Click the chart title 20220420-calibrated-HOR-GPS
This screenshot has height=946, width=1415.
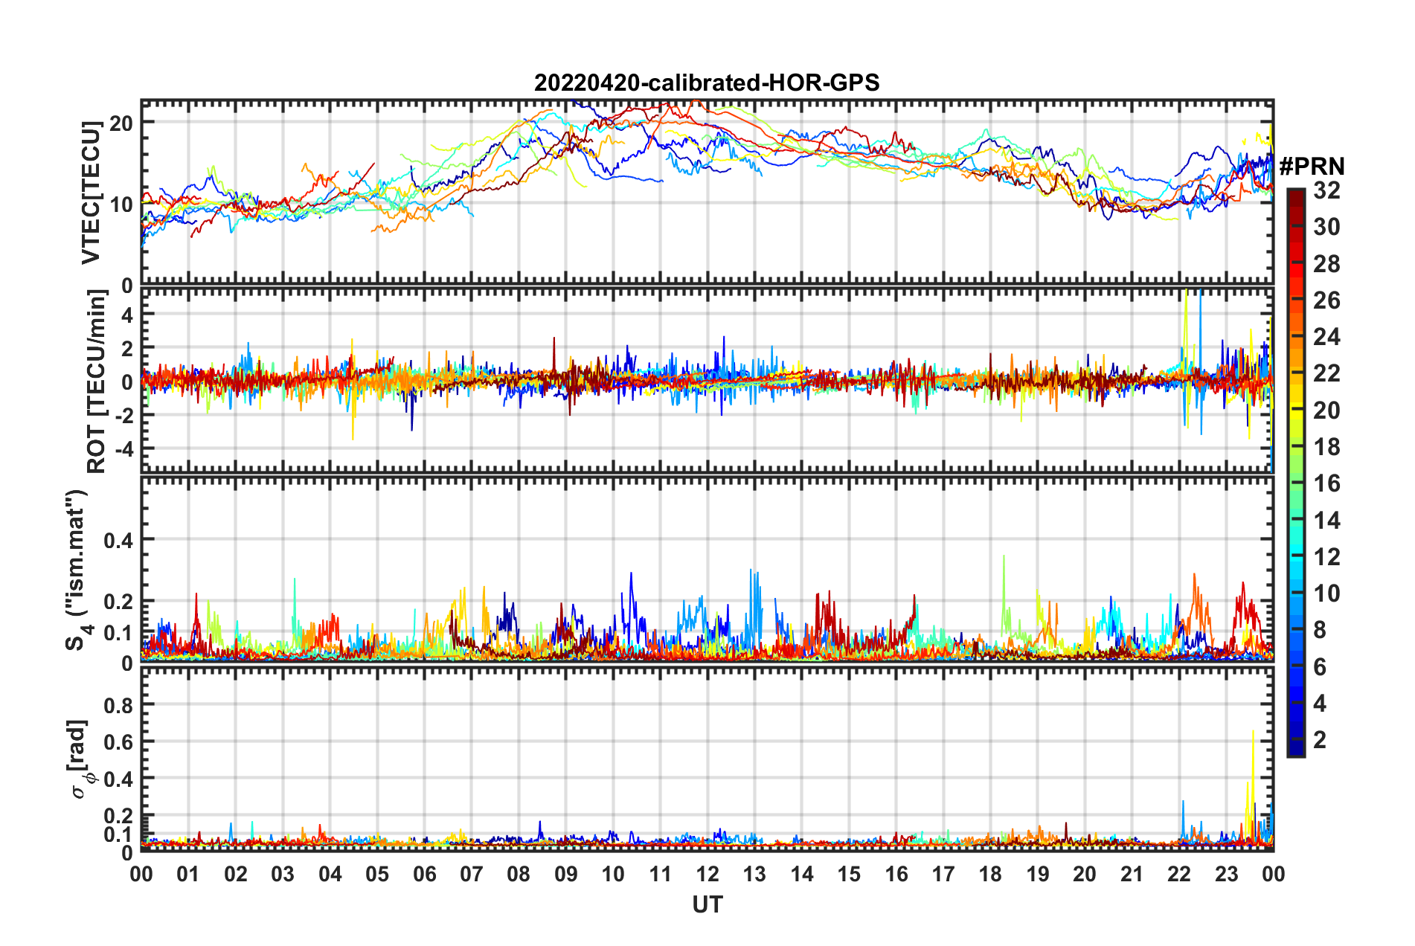[x=707, y=83]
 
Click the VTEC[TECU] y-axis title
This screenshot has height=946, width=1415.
[x=91, y=192]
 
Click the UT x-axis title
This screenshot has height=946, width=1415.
[x=707, y=904]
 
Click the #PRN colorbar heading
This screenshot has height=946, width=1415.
[x=1312, y=167]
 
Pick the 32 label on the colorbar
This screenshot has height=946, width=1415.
[x=1326, y=190]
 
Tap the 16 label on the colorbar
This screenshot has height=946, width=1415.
[x=1326, y=483]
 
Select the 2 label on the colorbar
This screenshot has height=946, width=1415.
[x=1320, y=739]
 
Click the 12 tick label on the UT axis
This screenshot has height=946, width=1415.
[x=707, y=874]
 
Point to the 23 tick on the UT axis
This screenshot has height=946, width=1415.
[x=1226, y=874]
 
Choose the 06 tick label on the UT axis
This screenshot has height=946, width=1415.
[x=424, y=874]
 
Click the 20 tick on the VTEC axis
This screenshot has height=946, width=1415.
[x=121, y=123]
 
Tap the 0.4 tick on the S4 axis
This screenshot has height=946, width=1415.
[x=118, y=540]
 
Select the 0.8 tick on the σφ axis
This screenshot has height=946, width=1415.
[x=118, y=705]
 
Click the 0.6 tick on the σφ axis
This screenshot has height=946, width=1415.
[x=118, y=742]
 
